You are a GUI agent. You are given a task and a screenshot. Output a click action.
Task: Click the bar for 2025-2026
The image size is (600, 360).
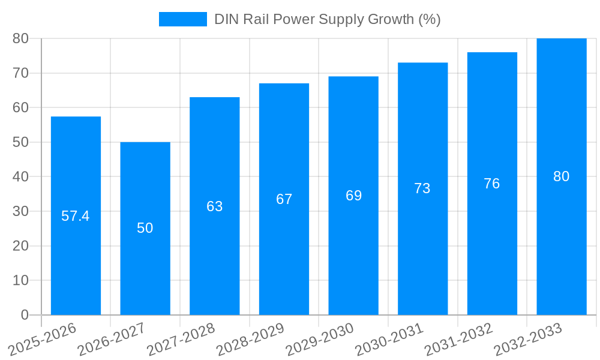pyautogui.click(x=76, y=180)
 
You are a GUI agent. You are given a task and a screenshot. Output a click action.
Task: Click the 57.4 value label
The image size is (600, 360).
pyautogui.click(x=76, y=216)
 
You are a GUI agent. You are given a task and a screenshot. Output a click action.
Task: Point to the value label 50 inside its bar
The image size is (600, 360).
pyautogui.click(x=145, y=228)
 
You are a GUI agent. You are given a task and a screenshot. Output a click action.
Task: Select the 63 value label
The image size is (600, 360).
pyautogui.click(x=215, y=206)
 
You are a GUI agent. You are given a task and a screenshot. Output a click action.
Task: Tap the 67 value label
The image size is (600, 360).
pyautogui.click(x=284, y=199)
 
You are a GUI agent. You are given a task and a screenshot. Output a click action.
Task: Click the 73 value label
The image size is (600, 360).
pyautogui.click(x=422, y=188)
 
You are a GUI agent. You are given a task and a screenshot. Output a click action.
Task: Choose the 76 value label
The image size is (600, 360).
pyautogui.click(x=492, y=184)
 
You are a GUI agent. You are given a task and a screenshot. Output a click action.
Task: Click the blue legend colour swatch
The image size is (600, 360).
pyautogui.click(x=182, y=19)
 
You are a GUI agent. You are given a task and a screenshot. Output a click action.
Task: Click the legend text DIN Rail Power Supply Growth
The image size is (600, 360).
pyautogui.click(x=327, y=19)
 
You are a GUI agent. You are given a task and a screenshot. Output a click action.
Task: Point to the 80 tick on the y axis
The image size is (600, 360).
pyautogui.click(x=21, y=38)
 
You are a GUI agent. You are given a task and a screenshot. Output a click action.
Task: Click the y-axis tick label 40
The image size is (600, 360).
pyautogui.click(x=21, y=177)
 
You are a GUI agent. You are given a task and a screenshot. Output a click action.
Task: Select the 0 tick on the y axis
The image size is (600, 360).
pyautogui.click(x=25, y=315)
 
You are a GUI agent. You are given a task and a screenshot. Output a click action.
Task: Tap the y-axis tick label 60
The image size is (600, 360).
pyautogui.click(x=21, y=107)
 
